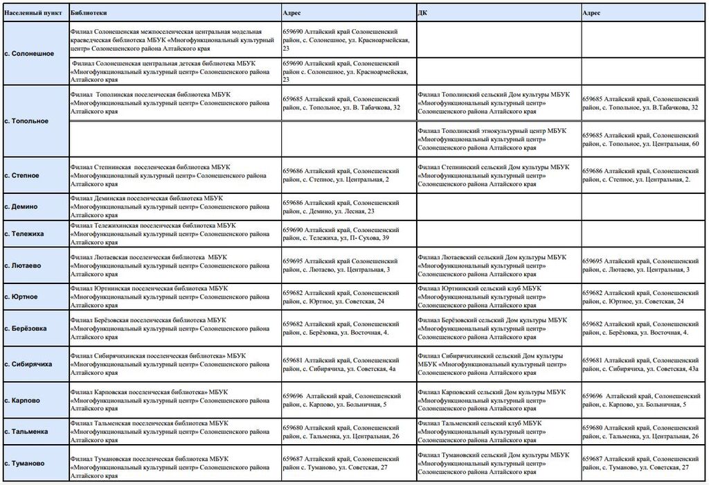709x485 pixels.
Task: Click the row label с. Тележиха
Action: coord(26,233)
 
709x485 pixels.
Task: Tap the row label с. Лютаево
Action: coord(25,265)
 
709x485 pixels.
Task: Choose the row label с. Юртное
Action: coord(24,297)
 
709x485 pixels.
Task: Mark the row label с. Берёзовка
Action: coord(28,328)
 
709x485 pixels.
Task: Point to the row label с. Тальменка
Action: coord(28,431)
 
